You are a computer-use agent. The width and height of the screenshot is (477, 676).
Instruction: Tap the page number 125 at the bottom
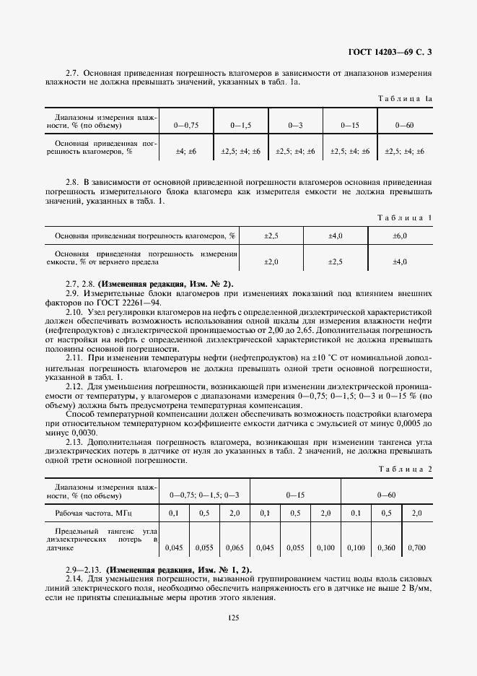click(x=232, y=617)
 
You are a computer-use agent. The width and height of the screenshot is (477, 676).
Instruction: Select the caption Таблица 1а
click(x=406, y=98)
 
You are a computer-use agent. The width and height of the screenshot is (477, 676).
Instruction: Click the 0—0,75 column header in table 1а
click(x=186, y=125)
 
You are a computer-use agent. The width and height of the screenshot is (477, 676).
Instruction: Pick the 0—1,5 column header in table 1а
click(x=240, y=125)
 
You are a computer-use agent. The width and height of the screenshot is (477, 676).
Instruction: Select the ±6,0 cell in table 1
click(x=400, y=235)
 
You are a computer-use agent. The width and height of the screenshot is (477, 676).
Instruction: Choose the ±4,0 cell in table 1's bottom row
click(x=400, y=261)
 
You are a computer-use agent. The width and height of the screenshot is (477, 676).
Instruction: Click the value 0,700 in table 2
click(x=416, y=548)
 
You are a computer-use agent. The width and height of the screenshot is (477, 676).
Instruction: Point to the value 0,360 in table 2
click(x=386, y=548)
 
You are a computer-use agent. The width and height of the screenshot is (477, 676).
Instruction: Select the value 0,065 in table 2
click(x=235, y=548)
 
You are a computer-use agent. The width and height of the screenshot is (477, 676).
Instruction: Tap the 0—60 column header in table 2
click(x=386, y=495)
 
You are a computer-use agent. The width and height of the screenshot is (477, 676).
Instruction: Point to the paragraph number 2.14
click(x=75, y=579)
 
